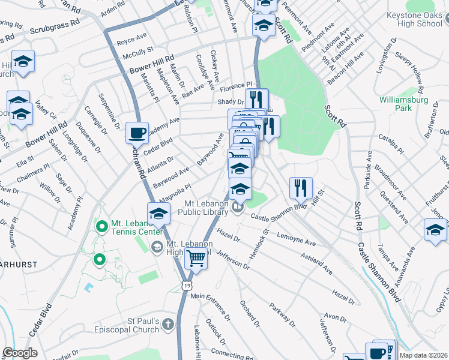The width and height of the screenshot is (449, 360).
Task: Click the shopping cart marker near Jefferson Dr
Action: (196, 259)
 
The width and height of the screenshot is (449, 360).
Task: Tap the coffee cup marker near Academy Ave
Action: (137, 132)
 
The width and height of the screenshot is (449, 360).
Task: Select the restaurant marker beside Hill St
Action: (301, 187)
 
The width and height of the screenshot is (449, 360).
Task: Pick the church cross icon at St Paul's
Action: (169, 325)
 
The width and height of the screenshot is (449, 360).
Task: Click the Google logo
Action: (20, 353)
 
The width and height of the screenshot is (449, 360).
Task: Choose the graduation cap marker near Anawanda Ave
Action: (435, 230)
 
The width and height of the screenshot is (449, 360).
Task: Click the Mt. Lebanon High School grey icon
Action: (157, 245)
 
